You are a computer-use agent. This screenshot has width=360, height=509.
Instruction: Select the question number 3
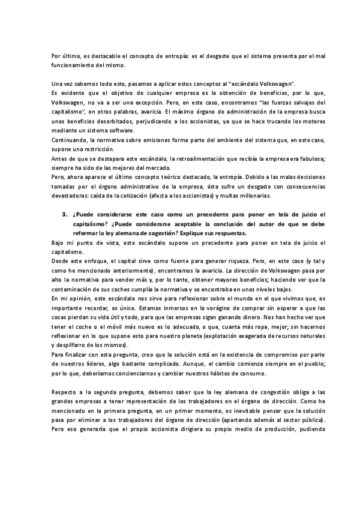coord(64,215)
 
